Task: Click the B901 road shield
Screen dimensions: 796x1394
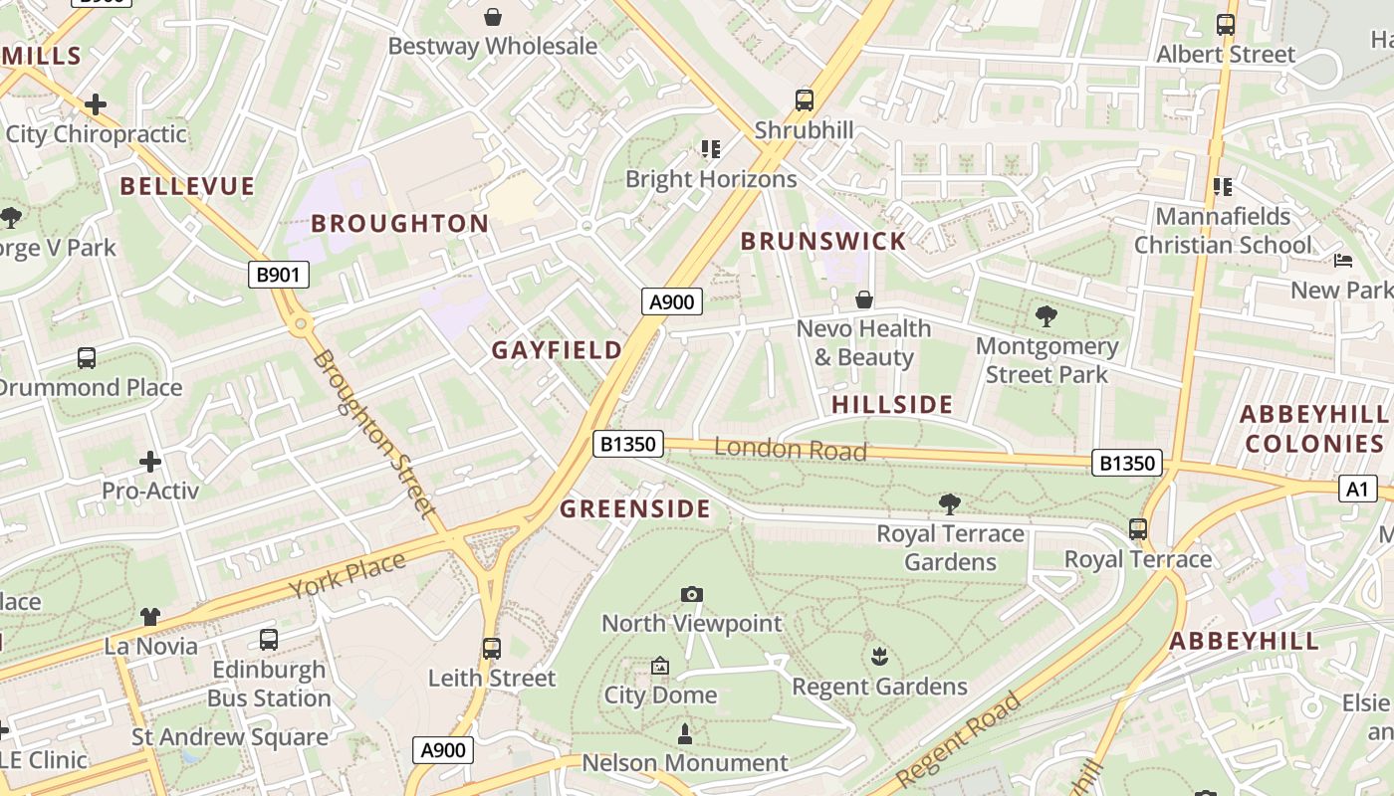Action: click(278, 275)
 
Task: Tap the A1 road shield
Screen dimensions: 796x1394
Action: click(1357, 489)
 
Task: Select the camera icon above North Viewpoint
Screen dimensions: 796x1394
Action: click(692, 595)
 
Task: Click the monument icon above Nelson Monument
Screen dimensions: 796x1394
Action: click(684, 735)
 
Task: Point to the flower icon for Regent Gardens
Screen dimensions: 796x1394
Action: click(879, 657)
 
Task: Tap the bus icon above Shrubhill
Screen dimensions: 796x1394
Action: click(804, 100)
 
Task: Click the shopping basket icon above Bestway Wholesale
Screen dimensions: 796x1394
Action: click(493, 17)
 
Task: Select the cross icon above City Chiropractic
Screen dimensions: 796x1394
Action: click(96, 104)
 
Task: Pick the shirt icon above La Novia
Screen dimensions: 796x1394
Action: click(150, 617)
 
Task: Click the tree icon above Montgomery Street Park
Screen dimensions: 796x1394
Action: click(1045, 317)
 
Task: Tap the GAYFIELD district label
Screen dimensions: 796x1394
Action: click(557, 350)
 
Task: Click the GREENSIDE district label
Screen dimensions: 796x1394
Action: click(635, 509)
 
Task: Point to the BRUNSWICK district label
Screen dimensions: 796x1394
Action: click(823, 241)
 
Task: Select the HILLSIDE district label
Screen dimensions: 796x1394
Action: click(892, 404)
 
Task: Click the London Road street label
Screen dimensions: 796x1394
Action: click(791, 450)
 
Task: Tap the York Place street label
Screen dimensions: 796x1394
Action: click(348, 575)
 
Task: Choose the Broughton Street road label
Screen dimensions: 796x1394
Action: click(374, 433)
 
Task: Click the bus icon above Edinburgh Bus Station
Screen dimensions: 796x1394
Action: click(269, 640)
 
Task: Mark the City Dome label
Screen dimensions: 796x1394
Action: click(660, 695)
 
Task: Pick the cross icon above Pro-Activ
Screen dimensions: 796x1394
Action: click(150, 462)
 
